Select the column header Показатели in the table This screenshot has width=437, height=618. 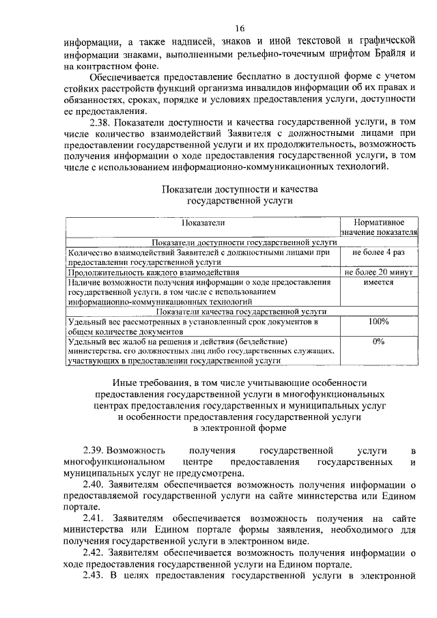tap(203, 223)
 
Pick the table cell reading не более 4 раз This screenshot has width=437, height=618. tap(379, 252)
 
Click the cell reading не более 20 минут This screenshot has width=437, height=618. tap(379, 272)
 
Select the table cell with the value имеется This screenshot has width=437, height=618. tap(379, 281)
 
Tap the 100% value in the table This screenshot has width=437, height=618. tap(379, 321)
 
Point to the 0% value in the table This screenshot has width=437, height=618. tap(379, 341)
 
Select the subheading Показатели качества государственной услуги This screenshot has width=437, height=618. tap(203, 311)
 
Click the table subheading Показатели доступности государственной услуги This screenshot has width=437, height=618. tap(203, 242)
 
